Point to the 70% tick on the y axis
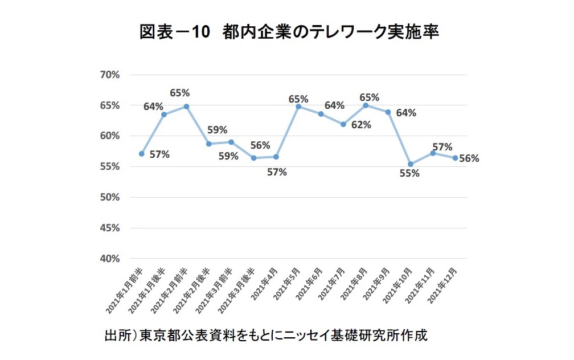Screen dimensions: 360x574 [x=109, y=75]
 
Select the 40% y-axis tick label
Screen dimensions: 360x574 [x=109, y=259]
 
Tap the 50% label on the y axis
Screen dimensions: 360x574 [x=109, y=197]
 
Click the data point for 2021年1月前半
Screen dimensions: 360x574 [x=141, y=154]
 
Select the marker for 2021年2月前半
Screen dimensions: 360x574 [x=186, y=107]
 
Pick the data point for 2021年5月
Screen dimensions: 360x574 [x=298, y=107]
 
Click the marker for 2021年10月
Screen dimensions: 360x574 [x=411, y=165]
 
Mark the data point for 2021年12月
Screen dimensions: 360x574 [x=455, y=158]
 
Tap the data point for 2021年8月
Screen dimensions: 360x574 [x=366, y=105]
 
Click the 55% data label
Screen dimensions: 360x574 [x=409, y=174]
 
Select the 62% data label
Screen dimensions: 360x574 [x=361, y=125]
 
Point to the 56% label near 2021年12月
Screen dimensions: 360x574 [x=469, y=159]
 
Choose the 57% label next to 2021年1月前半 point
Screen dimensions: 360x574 [x=159, y=154]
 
